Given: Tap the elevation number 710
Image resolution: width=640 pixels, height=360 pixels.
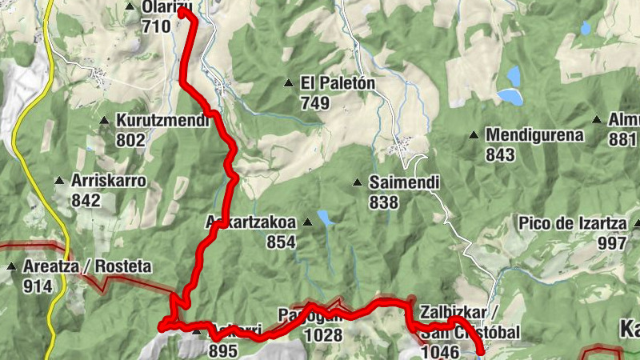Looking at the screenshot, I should (155, 26).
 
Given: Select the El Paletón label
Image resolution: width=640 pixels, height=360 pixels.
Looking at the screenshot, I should (338, 83).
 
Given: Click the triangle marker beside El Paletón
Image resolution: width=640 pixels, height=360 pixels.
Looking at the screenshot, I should (288, 82).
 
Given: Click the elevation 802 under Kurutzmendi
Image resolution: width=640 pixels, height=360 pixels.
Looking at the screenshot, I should (130, 141).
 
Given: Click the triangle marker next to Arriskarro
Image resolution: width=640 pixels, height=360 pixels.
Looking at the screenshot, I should (58, 181).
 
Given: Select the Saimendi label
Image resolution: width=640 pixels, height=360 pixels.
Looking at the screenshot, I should (404, 183).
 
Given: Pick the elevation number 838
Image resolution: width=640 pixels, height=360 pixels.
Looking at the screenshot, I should (384, 202).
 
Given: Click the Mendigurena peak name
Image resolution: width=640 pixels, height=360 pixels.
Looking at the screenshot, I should (534, 135).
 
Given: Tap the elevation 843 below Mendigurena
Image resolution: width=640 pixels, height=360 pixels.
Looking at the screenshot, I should (500, 155).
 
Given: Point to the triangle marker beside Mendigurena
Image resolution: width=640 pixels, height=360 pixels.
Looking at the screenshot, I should (474, 135).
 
